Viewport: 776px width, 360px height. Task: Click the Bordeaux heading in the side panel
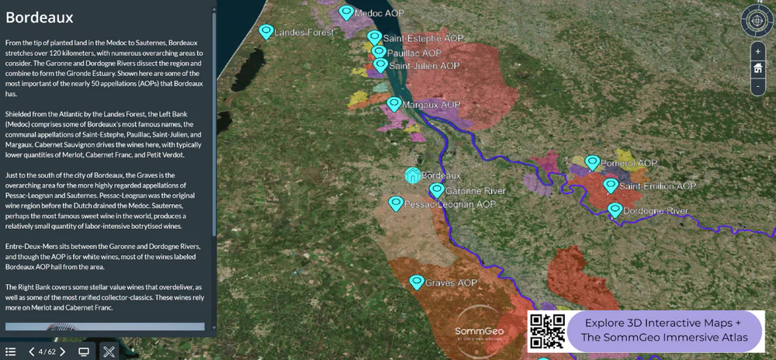[x=40, y=17]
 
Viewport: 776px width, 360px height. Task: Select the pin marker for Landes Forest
[x=266, y=31]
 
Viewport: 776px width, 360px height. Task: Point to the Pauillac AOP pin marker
[x=379, y=52]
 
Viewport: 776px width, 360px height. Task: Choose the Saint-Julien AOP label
[x=424, y=67]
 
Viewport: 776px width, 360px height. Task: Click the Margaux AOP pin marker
[x=394, y=104]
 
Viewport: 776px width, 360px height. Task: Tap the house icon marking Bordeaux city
[x=413, y=175]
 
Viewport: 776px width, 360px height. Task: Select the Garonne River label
[x=476, y=191]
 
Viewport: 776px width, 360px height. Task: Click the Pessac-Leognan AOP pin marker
[x=396, y=203]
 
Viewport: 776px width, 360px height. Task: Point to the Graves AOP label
[x=451, y=283]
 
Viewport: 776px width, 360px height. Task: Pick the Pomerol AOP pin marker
[x=592, y=162]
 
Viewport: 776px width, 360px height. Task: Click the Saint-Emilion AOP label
[x=658, y=186]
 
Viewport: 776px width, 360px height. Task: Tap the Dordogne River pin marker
[x=615, y=209]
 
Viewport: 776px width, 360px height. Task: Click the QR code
[x=547, y=331]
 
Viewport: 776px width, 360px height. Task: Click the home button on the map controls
[x=758, y=68]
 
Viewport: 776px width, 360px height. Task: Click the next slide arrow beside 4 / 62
[x=63, y=351]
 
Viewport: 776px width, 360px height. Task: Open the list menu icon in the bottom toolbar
[x=11, y=351]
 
